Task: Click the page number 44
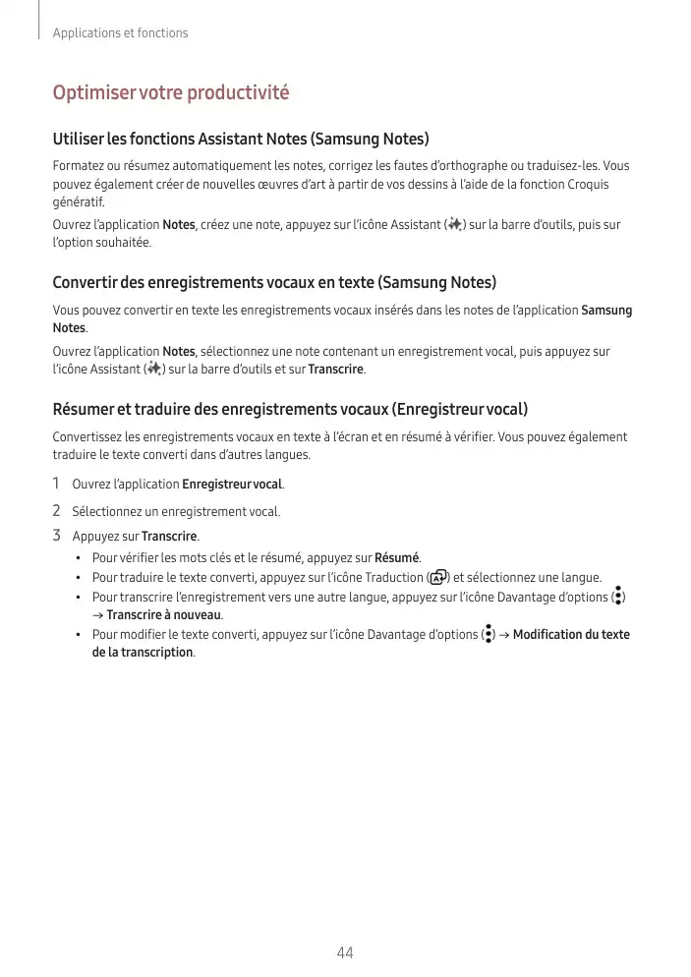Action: pos(345,952)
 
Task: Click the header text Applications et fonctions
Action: pos(120,33)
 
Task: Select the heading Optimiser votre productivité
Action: pos(171,93)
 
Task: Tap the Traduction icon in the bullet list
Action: pos(439,577)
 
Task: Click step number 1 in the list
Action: pos(57,484)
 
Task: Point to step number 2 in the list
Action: pos(57,511)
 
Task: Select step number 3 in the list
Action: pos(57,537)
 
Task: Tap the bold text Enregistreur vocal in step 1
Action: pos(232,485)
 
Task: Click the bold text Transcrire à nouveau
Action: pos(164,615)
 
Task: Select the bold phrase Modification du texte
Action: pos(571,635)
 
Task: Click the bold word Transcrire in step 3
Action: pos(169,537)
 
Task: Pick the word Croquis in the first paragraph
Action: pos(587,184)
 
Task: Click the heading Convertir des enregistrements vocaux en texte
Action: pos(274,283)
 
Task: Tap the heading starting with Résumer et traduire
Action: pos(290,409)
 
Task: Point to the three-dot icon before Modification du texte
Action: pos(489,634)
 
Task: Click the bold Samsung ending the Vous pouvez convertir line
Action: pos(606,311)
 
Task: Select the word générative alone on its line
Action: pos(74,202)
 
